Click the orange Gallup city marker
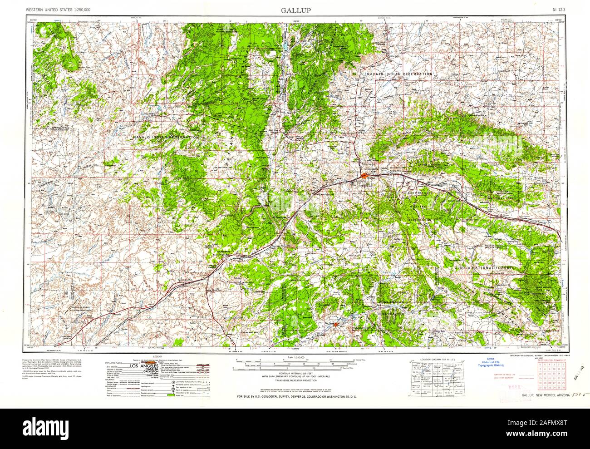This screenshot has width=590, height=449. point(365,175)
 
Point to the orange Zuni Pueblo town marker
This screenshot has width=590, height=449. point(335,324)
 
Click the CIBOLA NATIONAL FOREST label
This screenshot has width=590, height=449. point(484,269)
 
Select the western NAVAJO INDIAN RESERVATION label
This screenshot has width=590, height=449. point(166,137)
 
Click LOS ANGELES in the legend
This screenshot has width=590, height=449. point(144,366)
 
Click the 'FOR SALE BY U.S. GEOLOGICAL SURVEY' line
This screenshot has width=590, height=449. point(295,397)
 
